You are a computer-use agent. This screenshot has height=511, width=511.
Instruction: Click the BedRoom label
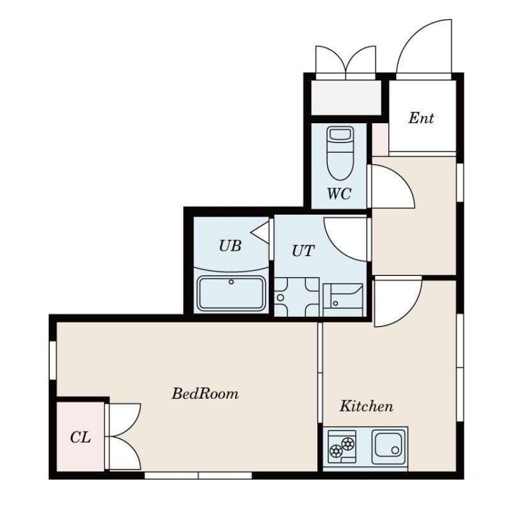click(205, 393)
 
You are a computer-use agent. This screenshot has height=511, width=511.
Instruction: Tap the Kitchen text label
click(366, 406)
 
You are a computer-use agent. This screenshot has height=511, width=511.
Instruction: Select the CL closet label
click(80, 437)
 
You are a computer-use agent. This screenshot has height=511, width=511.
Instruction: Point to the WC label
click(339, 194)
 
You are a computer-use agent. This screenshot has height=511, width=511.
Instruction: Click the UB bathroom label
click(230, 246)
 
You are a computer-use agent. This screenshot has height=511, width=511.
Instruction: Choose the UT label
click(303, 250)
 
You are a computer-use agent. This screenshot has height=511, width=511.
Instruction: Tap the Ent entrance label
click(421, 118)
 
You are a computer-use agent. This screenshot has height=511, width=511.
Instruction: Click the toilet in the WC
click(340, 153)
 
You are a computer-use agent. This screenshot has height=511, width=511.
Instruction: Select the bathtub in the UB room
click(231, 294)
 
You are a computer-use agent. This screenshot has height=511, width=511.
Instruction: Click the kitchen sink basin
click(388, 444)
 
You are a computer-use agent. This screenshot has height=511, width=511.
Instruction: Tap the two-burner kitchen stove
click(342, 446)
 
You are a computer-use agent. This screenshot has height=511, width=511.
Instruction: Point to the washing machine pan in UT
click(296, 297)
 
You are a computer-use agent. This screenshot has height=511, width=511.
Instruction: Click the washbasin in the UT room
click(343, 300)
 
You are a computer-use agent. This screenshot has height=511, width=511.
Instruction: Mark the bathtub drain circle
click(231, 282)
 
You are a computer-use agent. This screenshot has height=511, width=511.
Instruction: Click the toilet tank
click(340, 134)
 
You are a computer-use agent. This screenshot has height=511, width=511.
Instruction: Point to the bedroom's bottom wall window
click(198, 475)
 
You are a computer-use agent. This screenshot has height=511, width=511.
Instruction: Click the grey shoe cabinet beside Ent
click(346, 98)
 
